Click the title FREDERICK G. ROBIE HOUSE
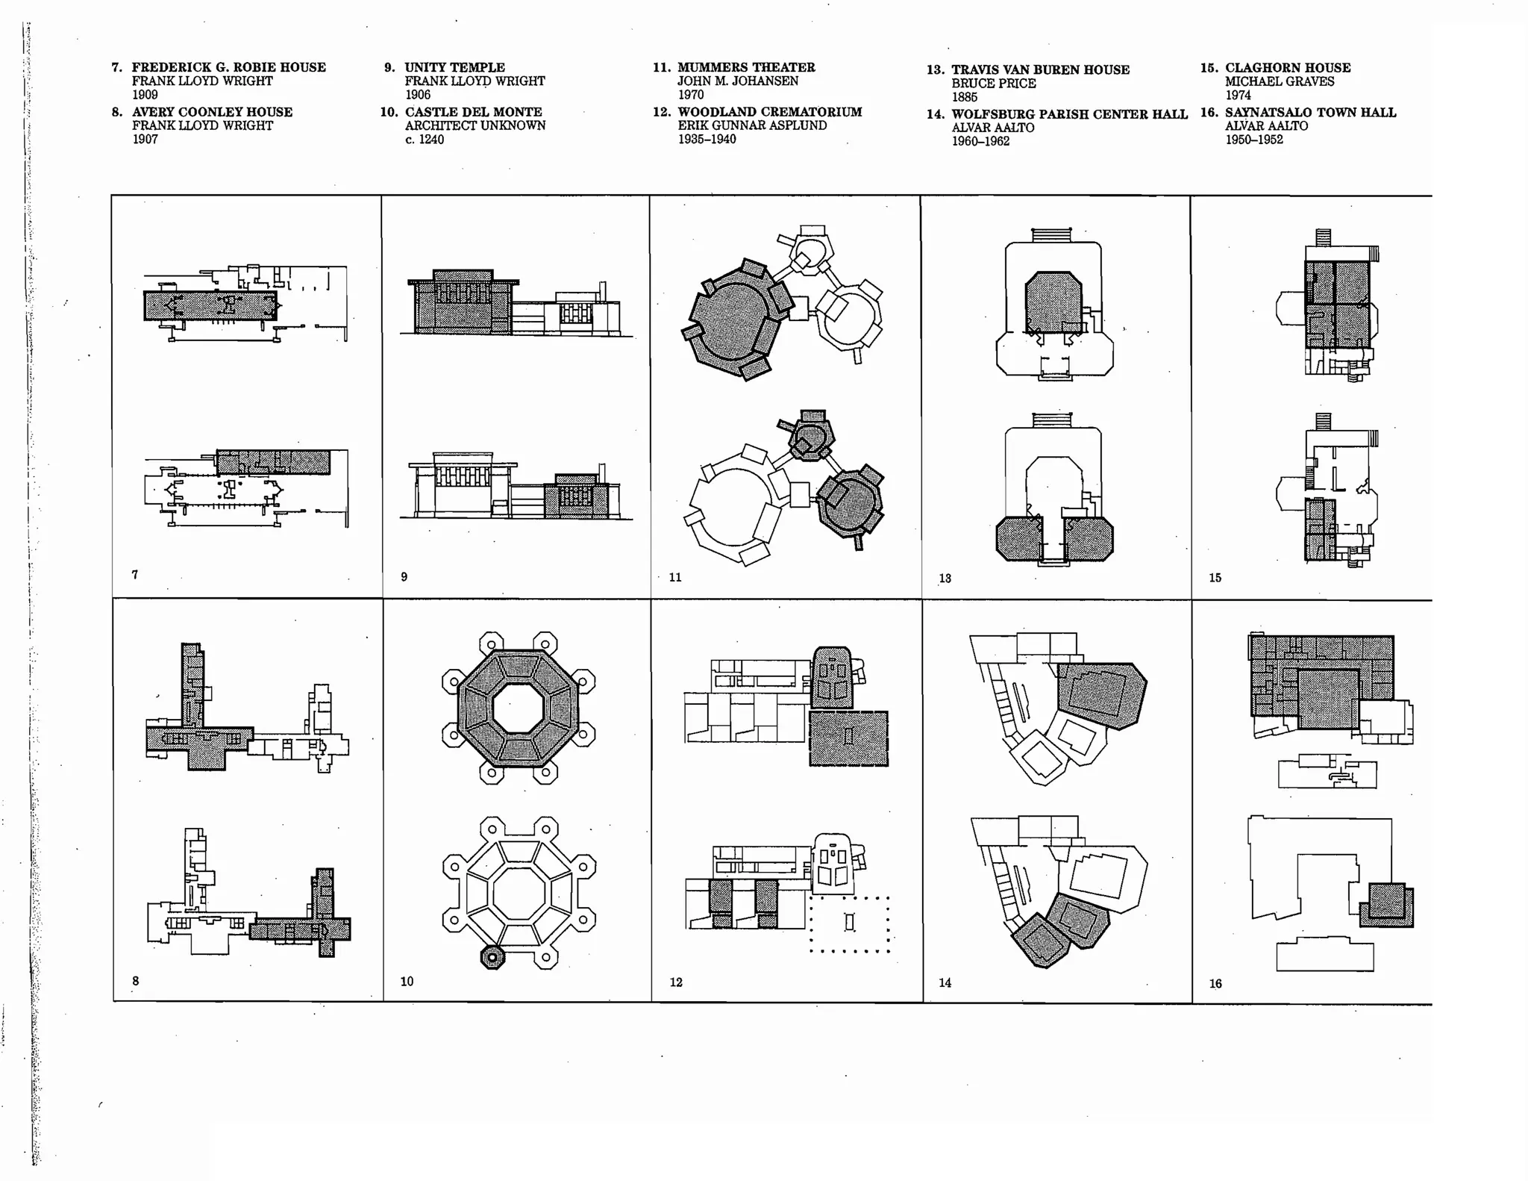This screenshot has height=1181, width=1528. click(x=228, y=67)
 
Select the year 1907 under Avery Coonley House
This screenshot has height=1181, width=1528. click(x=145, y=139)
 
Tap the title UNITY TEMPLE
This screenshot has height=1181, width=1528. click(x=454, y=67)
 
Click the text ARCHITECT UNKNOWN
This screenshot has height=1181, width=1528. click(x=475, y=125)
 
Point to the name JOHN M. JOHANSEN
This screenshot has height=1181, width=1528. click(x=737, y=81)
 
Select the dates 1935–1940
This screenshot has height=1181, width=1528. click(x=707, y=139)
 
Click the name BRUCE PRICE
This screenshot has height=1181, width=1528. click(x=993, y=83)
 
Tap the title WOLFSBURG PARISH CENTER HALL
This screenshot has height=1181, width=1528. click(x=1068, y=114)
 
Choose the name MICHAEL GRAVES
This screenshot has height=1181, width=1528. click(x=1279, y=81)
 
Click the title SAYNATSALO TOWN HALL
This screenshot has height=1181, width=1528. click(x=1310, y=112)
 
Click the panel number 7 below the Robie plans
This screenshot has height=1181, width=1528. click(x=135, y=574)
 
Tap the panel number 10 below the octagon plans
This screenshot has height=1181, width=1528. click(x=407, y=981)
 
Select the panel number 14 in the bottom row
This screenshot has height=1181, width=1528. click(x=945, y=982)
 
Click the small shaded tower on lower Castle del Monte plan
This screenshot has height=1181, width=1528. click(x=492, y=956)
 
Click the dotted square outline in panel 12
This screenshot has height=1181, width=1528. click(x=849, y=924)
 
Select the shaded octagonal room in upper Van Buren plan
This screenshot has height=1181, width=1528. click(x=1053, y=302)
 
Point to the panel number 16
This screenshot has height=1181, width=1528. click(x=1215, y=983)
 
